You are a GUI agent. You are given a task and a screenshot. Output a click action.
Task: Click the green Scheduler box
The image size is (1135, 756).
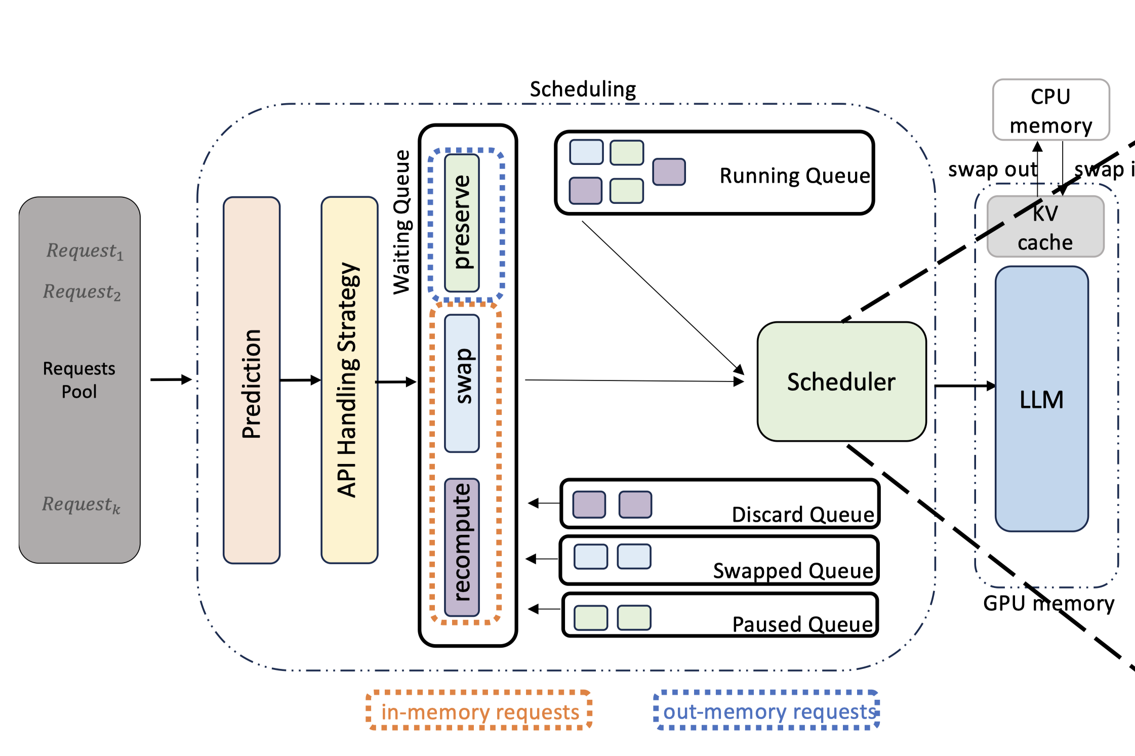coord(841,382)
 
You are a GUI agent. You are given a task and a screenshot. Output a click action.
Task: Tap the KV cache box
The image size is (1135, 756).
coord(1045,227)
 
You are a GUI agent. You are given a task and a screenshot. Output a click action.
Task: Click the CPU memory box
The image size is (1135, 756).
coord(1051,110)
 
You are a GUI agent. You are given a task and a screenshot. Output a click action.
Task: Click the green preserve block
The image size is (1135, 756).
coord(462,223)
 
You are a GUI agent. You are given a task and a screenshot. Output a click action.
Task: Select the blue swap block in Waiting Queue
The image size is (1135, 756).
coord(462,383)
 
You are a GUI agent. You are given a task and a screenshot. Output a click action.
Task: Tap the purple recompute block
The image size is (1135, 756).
coord(462,547)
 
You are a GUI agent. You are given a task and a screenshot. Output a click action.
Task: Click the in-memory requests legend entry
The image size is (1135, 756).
coord(479,711)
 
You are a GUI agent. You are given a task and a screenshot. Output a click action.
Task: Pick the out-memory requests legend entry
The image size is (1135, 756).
coord(767,711)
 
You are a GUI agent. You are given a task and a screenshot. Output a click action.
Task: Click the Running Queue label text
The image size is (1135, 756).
coord(794,176)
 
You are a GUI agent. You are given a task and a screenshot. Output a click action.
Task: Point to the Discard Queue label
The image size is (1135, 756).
coord(803,515)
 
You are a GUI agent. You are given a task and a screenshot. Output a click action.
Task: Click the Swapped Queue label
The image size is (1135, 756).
coord(793,571)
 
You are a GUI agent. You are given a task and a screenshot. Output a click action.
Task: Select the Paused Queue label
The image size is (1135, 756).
coord(802,624)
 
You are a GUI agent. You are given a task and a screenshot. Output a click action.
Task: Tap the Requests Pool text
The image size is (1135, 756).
coord(79,380)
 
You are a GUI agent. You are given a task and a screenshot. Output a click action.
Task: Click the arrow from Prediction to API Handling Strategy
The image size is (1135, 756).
coord(300,380)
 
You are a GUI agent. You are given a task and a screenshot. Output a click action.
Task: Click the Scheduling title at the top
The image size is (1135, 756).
coord(583,89)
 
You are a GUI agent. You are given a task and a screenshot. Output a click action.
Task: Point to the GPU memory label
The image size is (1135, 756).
coord(1048,603)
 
